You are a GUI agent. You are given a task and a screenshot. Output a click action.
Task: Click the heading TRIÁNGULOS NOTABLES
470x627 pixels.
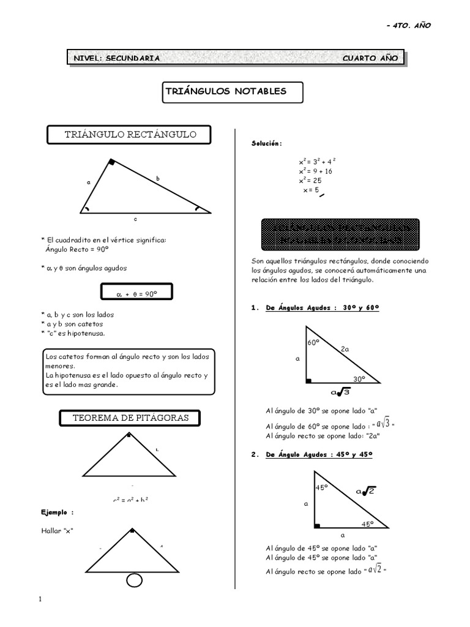225,91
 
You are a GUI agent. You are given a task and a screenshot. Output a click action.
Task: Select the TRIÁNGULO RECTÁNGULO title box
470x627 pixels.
130,135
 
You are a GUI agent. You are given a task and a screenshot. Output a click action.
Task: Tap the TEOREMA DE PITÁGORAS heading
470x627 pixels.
131,418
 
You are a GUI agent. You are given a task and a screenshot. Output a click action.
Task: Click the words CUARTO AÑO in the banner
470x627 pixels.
370,58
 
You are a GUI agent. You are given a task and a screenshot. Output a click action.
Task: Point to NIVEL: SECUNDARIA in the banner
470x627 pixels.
117,58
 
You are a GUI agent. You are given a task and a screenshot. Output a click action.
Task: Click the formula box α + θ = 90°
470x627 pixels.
136,294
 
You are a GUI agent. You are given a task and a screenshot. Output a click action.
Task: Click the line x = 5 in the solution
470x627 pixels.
311,190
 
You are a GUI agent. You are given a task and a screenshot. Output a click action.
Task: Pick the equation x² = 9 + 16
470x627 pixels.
316,171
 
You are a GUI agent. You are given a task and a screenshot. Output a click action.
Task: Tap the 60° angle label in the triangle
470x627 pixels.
314,343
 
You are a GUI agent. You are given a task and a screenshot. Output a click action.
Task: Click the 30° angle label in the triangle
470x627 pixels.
359,378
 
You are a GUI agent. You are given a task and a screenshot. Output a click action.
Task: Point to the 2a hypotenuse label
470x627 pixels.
346,349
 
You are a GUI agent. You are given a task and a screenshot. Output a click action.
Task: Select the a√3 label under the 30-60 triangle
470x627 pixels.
340,392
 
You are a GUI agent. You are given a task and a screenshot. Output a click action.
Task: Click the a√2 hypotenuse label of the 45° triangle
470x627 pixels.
365,490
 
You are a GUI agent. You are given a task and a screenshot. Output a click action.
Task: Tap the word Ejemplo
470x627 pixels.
58,512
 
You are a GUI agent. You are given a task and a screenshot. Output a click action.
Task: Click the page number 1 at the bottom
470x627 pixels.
40,599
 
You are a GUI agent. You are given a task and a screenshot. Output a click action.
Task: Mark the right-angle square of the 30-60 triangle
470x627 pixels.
309,381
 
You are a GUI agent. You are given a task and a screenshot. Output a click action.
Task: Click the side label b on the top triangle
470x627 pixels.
157,178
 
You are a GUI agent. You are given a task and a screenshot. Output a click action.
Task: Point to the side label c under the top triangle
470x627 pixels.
136,219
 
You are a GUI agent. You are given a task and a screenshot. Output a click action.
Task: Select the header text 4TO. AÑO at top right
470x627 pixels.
413,25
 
